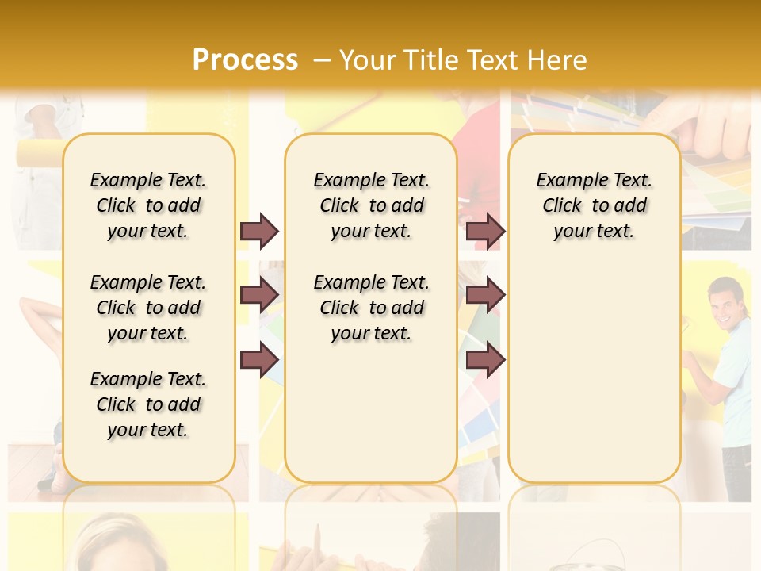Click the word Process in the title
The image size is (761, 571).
245,59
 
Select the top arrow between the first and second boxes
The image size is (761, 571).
259,231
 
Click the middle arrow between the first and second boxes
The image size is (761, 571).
259,296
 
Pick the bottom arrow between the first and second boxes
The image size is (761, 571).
259,361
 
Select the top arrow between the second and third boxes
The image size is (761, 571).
485,231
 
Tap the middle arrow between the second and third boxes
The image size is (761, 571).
485,296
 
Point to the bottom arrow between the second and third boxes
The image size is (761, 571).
485,361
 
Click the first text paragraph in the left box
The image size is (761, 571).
148,205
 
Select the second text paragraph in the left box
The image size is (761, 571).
148,308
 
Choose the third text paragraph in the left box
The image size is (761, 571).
148,404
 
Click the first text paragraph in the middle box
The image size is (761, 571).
371,205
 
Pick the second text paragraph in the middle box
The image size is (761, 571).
371,308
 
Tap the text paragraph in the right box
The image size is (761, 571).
594,205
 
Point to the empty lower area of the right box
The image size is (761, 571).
594,373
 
